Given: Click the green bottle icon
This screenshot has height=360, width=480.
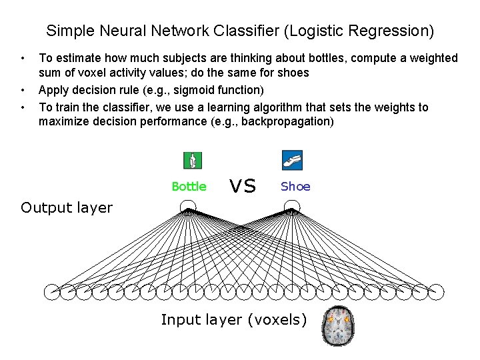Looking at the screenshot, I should coord(193,160).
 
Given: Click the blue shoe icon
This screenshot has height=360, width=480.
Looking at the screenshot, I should coord(293,160).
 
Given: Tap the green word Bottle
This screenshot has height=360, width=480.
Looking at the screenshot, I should coord(189,187).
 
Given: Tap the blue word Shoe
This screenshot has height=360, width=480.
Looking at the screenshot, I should coord(295,187).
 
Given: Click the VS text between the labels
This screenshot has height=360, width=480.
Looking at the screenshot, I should coord(243,186).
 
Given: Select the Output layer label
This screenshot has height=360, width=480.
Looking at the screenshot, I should coord(67,207).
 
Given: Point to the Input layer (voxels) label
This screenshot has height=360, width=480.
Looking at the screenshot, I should coord(234,320).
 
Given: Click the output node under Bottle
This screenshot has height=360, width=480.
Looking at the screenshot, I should coord(189,206).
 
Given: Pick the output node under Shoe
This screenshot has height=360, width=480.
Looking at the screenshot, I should coord(292,206).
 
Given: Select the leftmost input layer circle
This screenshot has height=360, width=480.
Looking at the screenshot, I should coord(52,291).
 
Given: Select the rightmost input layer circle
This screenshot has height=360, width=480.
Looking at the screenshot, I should coord(436,291).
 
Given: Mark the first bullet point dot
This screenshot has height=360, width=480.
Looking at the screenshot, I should coord(23,59).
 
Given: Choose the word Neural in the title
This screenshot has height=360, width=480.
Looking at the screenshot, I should coord(107,31).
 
